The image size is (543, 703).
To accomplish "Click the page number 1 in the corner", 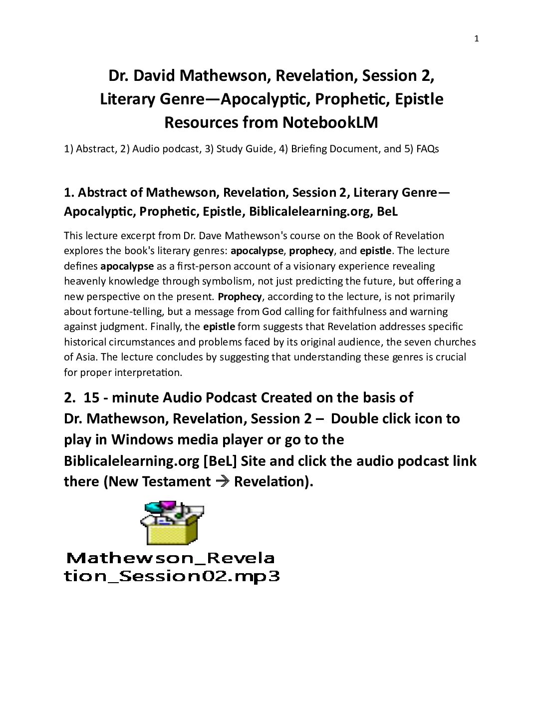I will (x=476, y=39).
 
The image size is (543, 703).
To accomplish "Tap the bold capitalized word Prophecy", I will (x=240, y=297).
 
